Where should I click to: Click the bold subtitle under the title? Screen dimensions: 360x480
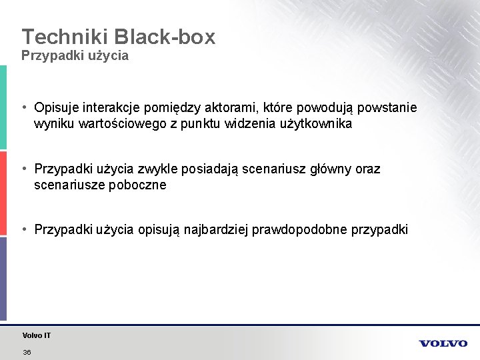pos(75,56)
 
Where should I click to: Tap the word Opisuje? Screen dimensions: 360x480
pos(57,108)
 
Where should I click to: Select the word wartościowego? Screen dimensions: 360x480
pos(123,124)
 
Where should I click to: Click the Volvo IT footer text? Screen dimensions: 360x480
pos(36,335)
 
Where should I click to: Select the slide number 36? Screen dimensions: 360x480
pos(27,352)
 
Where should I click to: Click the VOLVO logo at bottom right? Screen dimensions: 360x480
pos(443,343)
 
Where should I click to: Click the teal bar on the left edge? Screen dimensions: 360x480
pos(3,107)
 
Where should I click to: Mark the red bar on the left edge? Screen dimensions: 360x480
pos(3,193)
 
